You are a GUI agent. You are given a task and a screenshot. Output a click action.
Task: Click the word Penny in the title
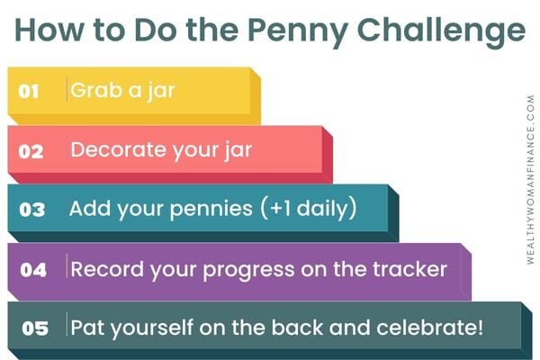(x=297, y=31)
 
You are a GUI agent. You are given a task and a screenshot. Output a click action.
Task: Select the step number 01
(x=29, y=92)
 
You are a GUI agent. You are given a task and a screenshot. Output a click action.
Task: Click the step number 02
(x=31, y=151)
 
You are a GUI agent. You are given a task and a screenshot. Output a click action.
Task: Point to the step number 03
(x=32, y=210)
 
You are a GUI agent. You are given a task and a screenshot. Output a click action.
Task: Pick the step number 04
(x=33, y=270)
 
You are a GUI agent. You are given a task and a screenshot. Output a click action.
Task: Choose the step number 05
(x=35, y=328)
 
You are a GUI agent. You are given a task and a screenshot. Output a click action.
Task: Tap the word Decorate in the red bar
(x=119, y=149)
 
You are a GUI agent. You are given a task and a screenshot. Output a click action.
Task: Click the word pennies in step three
(x=211, y=210)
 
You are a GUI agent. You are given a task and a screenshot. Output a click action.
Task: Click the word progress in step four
(x=248, y=270)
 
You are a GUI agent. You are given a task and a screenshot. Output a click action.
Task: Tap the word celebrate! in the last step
(x=430, y=327)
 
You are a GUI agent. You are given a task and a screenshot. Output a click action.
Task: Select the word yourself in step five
(x=151, y=328)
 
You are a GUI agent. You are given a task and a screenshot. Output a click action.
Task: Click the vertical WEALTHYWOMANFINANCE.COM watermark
(x=531, y=179)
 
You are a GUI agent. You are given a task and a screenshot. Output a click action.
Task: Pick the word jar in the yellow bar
(x=161, y=91)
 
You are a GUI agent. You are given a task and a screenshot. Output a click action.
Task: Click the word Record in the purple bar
(x=107, y=269)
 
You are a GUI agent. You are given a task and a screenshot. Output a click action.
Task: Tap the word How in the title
(x=49, y=30)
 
